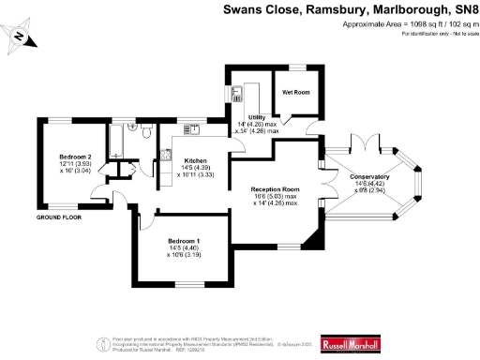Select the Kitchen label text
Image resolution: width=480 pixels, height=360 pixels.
click(195, 159)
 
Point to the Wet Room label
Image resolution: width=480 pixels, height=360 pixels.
click(296, 92)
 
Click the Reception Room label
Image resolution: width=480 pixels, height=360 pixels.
click(274, 188)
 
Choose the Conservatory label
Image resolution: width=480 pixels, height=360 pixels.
click(368, 177)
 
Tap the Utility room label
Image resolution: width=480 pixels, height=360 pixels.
click(257, 116)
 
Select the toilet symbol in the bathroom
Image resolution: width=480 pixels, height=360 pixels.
click(146, 134)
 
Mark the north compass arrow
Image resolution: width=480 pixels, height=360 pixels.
click(20, 37)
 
